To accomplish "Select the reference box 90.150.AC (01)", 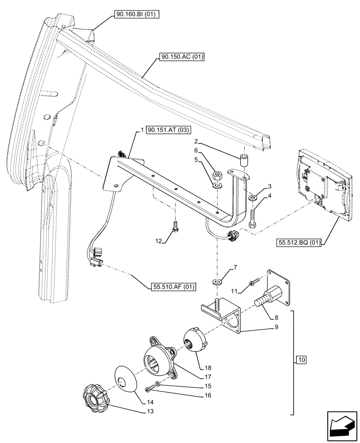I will click(180, 57).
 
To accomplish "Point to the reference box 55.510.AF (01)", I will click(172, 287).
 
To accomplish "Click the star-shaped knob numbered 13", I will click(96, 396).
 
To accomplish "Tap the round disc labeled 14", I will click(125, 379).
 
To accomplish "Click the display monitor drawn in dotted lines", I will click(323, 182).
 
